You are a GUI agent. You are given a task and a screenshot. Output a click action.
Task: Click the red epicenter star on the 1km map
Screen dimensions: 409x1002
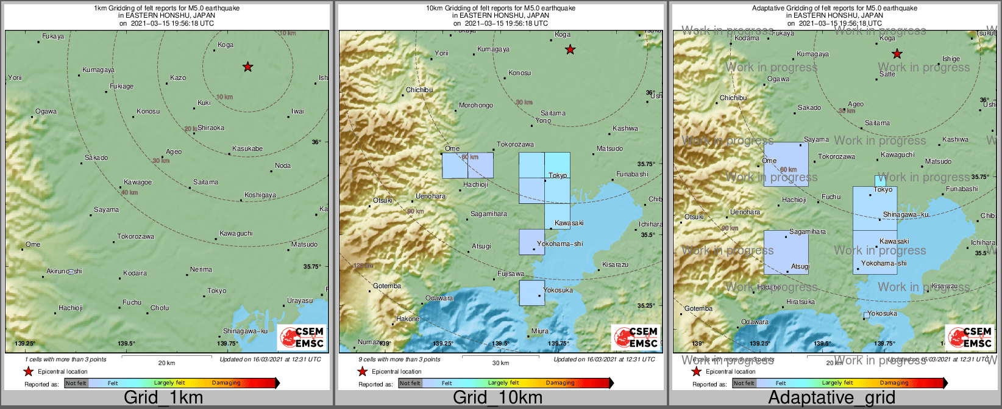coord(247,67)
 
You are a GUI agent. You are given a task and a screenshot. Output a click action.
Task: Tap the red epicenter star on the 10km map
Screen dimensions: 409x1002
coord(570,50)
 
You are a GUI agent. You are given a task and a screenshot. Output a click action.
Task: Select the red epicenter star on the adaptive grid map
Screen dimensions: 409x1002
coord(897,54)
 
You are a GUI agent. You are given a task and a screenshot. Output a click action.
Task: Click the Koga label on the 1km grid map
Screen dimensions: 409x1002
coord(226,45)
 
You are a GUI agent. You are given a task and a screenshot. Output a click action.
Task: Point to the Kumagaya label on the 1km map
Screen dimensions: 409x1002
coord(99,70)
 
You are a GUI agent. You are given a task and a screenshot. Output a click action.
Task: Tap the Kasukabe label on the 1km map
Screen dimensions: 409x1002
coord(247,149)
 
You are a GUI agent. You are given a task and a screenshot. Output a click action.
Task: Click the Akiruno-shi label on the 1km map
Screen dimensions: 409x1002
coord(64,271)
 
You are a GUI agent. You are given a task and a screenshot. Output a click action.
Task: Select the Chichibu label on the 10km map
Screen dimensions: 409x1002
coord(419,90)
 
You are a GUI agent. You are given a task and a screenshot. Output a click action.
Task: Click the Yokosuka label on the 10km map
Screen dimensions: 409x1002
coord(558,291)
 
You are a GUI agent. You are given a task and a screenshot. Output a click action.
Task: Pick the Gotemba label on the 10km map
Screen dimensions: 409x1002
coord(387,286)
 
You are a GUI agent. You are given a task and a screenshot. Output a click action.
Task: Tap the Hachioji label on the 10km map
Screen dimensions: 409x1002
coord(475,185)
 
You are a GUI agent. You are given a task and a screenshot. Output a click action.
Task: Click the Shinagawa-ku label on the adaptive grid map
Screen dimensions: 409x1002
coord(906,215)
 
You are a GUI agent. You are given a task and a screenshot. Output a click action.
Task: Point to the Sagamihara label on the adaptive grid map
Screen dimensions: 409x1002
coord(808,232)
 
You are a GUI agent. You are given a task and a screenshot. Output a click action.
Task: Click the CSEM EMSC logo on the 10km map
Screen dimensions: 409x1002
coord(636,338)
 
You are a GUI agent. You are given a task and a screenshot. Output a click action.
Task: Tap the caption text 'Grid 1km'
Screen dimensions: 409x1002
coord(163,397)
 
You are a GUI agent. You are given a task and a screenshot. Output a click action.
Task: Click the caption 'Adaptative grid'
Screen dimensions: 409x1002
coord(831,397)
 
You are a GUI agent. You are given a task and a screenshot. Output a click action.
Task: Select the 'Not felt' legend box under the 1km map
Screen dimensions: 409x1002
coord(76,383)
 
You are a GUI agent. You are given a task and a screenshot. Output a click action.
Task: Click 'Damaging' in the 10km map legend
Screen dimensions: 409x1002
coord(560,383)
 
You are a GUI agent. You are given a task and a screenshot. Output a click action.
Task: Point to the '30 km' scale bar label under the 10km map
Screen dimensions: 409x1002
coord(500,363)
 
